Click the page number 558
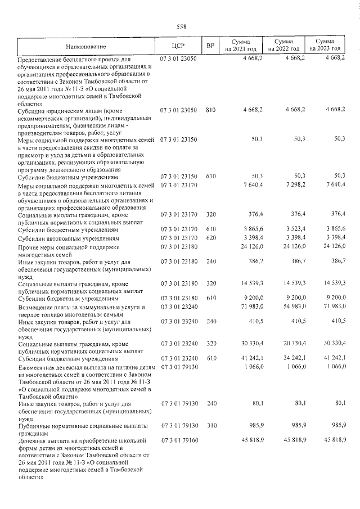coord(181,26)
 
